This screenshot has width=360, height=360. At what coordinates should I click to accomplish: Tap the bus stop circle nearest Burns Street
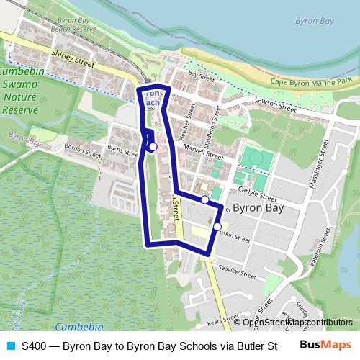coord(153,147)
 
